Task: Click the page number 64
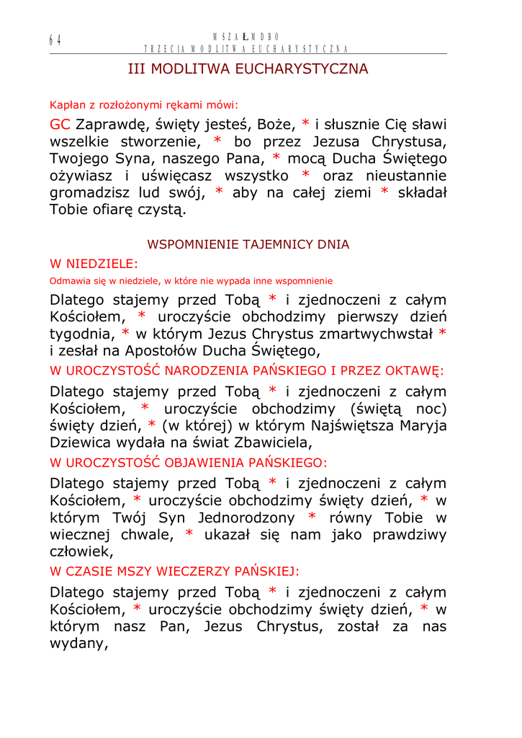click(x=55, y=40)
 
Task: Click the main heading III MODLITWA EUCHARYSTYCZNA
click(x=248, y=69)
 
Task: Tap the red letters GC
click(x=60, y=124)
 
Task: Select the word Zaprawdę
click(x=110, y=124)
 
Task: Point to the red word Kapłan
click(x=66, y=104)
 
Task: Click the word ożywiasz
click(x=81, y=176)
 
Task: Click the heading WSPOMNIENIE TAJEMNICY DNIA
click(x=248, y=244)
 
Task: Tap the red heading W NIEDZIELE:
click(x=94, y=264)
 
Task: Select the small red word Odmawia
click(x=67, y=280)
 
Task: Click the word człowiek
click(x=81, y=552)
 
